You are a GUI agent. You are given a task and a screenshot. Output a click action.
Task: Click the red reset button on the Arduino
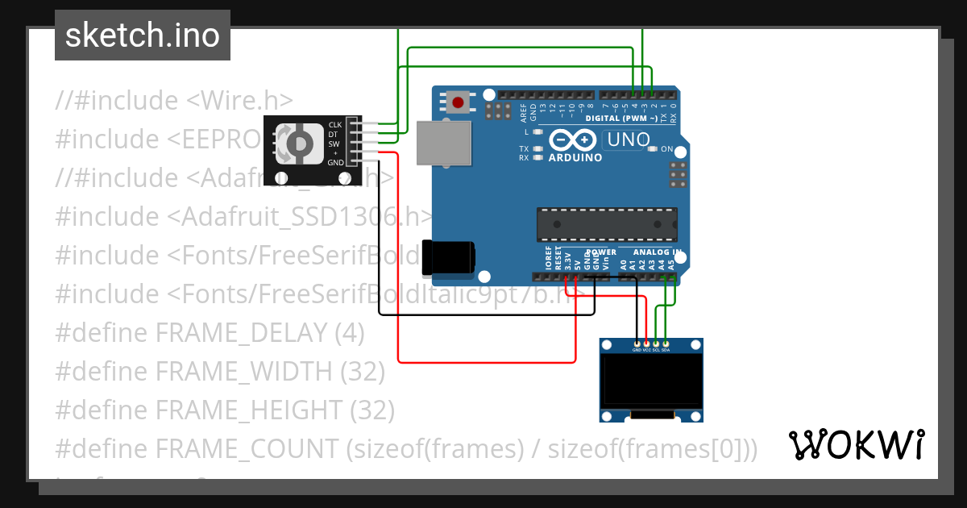tap(459, 102)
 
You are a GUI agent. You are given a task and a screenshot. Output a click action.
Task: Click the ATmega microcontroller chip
tap(607, 224)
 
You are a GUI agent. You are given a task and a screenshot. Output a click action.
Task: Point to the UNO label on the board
tap(629, 139)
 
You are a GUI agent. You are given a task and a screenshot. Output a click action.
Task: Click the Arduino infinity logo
tap(575, 140)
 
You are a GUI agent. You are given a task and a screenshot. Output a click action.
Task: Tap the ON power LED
tap(654, 149)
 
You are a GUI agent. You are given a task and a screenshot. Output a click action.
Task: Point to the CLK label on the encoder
tap(335, 124)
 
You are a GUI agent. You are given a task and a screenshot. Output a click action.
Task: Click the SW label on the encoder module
tap(334, 144)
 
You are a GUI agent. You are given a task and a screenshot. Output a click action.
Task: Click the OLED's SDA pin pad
tap(666, 344)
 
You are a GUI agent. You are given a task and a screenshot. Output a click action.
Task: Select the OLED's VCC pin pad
tap(646, 344)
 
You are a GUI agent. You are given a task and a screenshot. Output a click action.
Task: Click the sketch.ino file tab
tap(143, 35)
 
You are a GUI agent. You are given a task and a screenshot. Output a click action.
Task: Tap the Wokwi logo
tap(856, 444)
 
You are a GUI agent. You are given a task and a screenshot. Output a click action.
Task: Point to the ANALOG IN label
tap(656, 252)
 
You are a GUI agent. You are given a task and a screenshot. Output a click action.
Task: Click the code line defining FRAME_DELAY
tap(210, 332)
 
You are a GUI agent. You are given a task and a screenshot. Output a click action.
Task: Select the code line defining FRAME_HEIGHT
tap(225, 410)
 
